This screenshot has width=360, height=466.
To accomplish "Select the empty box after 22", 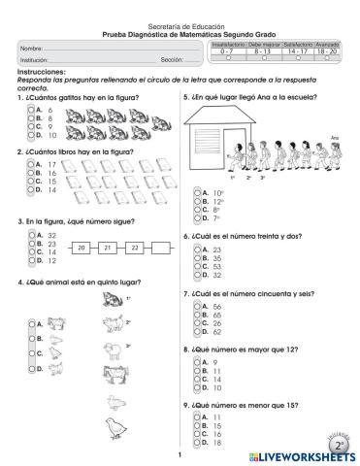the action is coord(162,249).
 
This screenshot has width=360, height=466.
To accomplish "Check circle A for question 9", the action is coord(196,416).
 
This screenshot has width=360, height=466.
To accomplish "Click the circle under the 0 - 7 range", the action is coord(221,58).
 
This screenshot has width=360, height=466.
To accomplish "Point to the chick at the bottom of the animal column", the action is coord(113,424).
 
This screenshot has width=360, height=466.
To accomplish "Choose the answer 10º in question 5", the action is coord(217,192).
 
